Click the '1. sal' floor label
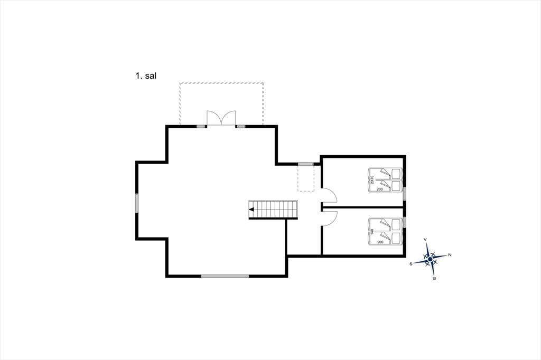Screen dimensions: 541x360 (x=146, y=76)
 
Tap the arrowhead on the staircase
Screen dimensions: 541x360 (x=251, y=210)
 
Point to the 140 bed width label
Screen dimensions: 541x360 (x=372, y=231)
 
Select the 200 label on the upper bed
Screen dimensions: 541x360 (x=379, y=190)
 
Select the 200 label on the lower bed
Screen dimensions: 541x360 (x=380, y=242)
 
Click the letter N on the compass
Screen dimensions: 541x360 (x=450, y=255)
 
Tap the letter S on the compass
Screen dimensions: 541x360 (x=411, y=264)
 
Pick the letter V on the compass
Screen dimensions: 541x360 (x=425, y=239)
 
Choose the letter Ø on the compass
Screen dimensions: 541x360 (x=434, y=278)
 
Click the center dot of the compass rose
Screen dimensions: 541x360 (x=430, y=259)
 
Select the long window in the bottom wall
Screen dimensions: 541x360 (x=225, y=276)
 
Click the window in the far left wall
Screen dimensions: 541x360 (x=137, y=203)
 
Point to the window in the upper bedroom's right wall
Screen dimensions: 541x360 (x=404, y=193)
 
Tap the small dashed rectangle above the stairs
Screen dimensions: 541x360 (x=306, y=178)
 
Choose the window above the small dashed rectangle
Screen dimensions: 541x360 (x=306, y=164)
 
